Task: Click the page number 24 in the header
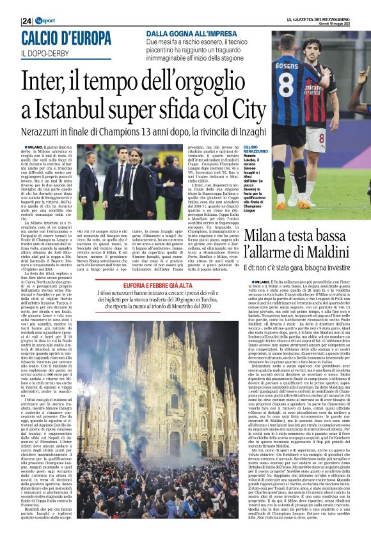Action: pos(26,21)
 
